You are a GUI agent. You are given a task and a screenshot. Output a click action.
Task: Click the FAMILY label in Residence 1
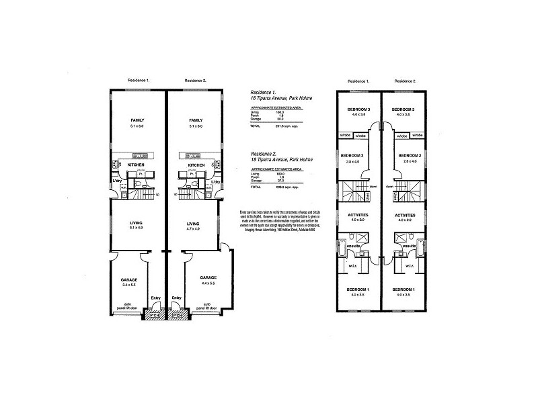(x=137, y=120)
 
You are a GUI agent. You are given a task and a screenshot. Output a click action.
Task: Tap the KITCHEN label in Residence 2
(x=196, y=165)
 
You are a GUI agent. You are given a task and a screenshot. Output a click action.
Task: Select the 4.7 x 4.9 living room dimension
(x=193, y=230)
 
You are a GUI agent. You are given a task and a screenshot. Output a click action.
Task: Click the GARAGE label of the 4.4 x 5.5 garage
(x=208, y=277)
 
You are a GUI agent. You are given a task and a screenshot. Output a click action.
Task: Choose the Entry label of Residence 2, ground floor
(x=176, y=298)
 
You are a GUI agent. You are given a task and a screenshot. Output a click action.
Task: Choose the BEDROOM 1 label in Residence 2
(x=403, y=289)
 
